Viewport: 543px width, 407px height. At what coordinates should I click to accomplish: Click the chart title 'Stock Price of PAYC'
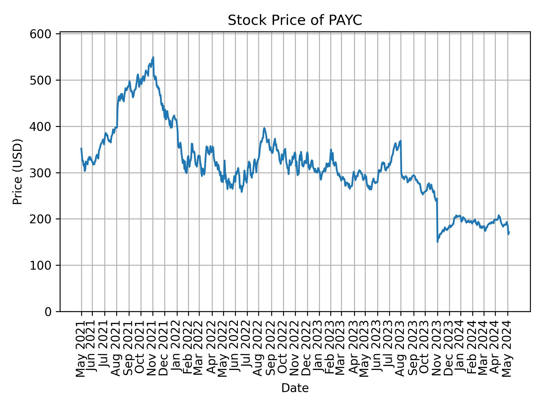(x=295, y=20)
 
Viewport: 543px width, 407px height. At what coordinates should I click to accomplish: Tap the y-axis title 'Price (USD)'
(x=18, y=172)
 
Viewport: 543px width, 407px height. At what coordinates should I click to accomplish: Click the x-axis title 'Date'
(x=295, y=388)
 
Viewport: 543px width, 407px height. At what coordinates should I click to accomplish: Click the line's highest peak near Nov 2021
(x=153, y=57)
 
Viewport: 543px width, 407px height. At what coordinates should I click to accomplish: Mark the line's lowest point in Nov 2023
(x=438, y=242)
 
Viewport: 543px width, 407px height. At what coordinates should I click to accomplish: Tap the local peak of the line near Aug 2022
(x=264, y=128)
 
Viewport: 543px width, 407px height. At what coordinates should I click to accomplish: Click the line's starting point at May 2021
(x=81, y=148)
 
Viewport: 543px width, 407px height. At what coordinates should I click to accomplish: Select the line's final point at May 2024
(x=509, y=232)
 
